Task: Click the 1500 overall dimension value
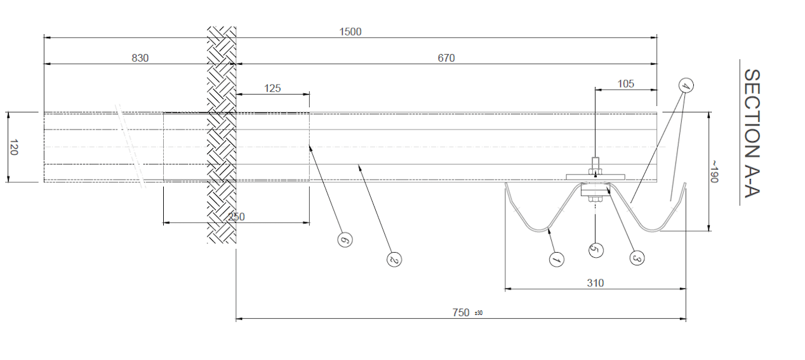(x=350, y=32)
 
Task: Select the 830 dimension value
(x=140, y=58)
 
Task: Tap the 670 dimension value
(x=446, y=58)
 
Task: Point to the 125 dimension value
(x=272, y=88)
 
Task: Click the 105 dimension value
(x=625, y=84)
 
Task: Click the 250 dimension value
(x=236, y=217)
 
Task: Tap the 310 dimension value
(x=595, y=283)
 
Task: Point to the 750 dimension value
(x=461, y=312)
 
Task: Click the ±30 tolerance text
(x=479, y=313)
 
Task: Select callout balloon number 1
(x=557, y=260)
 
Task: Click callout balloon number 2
(x=394, y=259)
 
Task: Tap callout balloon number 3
(x=637, y=257)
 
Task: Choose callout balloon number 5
(x=595, y=250)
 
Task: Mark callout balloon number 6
(x=345, y=239)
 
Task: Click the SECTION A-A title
(x=752, y=133)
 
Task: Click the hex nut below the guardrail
(x=595, y=199)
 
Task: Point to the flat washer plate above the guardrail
(x=595, y=177)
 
